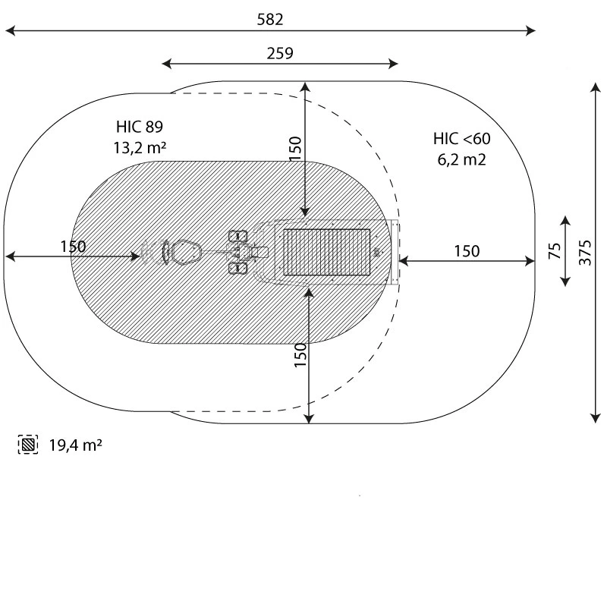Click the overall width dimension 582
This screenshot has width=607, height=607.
click(x=270, y=20)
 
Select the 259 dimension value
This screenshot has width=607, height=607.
click(x=280, y=53)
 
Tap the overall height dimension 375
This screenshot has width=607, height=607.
click(x=585, y=253)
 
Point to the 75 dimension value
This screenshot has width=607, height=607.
click(x=555, y=251)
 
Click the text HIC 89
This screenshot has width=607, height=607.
click(x=140, y=127)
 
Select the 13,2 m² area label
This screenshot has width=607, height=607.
click(x=140, y=147)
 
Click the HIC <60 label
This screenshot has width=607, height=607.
click(x=462, y=139)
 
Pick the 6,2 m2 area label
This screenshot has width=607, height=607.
click(x=461, y=159)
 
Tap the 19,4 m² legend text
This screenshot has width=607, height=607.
click(x=75, y=445)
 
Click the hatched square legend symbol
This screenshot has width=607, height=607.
click(x=28, y=445)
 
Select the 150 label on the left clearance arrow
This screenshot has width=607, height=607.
click(x=73, y=247)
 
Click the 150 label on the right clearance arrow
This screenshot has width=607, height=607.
click(x=467, y=251)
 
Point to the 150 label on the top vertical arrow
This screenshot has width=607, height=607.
click(x=295, y=149)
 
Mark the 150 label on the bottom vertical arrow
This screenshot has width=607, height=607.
click(x=300, y=355)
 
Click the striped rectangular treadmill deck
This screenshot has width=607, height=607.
click(x=327, y=252)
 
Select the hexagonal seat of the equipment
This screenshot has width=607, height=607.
click(x=186, y=252)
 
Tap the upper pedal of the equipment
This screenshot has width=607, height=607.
click(x=238, y=236)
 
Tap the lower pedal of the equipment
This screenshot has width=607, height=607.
click(x=238, y=269)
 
